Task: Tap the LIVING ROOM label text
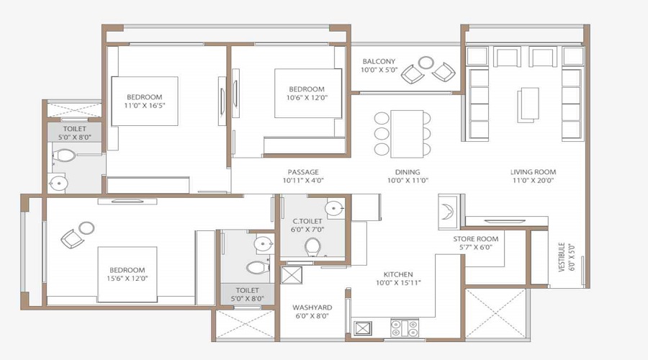click(533, 172)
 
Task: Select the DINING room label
click(408, 172)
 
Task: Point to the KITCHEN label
click(397, 274)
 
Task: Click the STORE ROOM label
click(476, 239)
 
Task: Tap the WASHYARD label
click(311, 307)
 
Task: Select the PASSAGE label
click(303, 172)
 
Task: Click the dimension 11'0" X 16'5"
click(145, 107)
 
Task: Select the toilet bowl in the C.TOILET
click(313, 247)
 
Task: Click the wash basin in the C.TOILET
click(333, 210)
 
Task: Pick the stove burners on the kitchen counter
click(404, 328)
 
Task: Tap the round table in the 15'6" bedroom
click(86, 228)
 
